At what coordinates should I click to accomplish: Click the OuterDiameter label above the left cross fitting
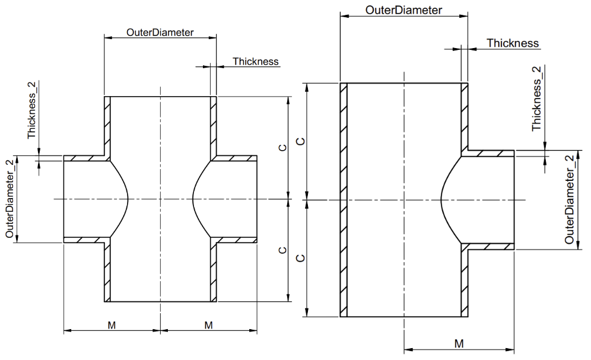coord(160,33)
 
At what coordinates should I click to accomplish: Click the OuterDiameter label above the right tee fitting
coord(403,10)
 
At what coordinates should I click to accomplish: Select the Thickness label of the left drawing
coord(255,61)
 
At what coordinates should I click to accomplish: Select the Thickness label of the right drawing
coord(513,43)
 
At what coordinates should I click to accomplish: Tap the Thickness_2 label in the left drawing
coord(32,110)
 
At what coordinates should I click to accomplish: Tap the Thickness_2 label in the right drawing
coord(537,98)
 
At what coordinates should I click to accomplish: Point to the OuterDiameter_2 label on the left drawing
coord(10,199)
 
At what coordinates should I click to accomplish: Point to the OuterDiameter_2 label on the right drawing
coord(570,199)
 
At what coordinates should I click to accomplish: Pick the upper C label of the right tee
coord(301,141)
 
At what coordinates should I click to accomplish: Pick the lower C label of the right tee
coord(301,259)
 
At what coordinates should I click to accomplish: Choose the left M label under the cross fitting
coord(112,325)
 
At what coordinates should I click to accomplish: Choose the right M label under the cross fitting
coord(208,325)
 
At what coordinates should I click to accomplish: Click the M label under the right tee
coord(459,343)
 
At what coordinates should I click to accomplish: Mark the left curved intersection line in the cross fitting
coord(126,199)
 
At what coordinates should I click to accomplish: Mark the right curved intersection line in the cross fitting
coord(194,199)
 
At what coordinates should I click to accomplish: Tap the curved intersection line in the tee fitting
coord(441,199)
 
